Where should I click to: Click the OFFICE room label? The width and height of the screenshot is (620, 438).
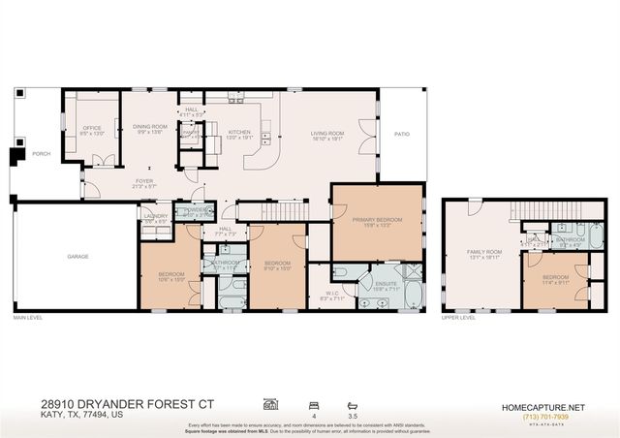(x=93, y=128)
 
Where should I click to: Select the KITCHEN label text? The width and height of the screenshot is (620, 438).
(x=239, y=133)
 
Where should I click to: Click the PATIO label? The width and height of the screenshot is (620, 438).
(x=401, y=135)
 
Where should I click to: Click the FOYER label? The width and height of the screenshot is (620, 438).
(x=144, y=180)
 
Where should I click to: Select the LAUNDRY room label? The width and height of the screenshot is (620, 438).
(x=156, y=216)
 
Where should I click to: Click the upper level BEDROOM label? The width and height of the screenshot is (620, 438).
(x=556, y=277)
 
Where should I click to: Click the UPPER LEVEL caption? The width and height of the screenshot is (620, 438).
(x=458, y=318)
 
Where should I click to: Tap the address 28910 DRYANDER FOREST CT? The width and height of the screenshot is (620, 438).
(x=112, y=403)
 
